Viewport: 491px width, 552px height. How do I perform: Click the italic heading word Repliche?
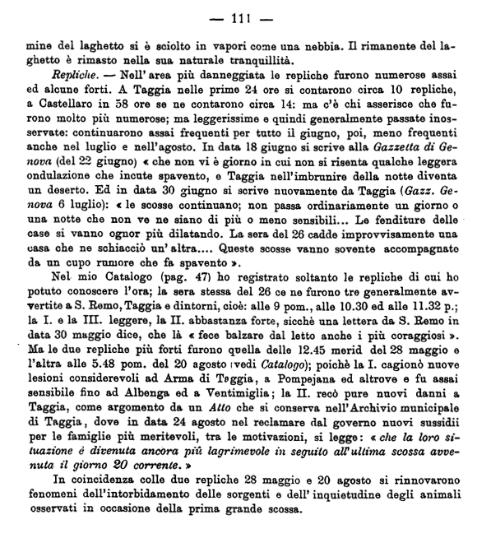[61, 75]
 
